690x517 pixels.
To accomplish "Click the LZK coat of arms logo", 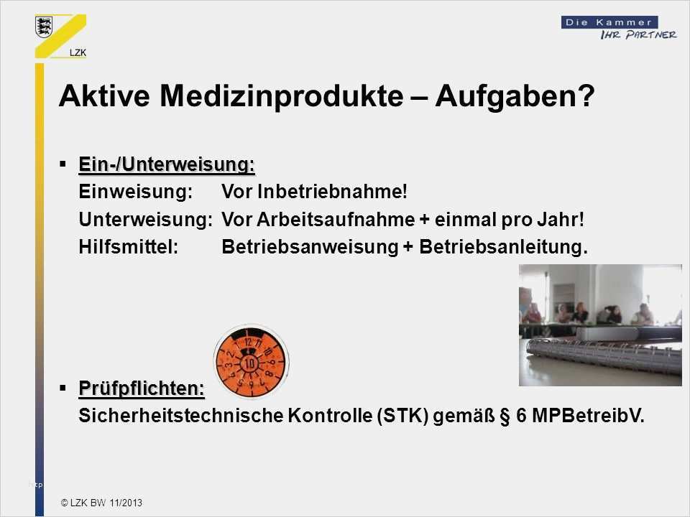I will [45, 28].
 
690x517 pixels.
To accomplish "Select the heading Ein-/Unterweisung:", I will [167, 165].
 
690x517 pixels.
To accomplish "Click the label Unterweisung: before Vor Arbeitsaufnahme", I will [145, 220].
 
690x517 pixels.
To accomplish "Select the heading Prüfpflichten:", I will [142, 388].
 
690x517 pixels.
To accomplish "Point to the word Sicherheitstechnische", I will [169, 417].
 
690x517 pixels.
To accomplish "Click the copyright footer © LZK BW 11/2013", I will [101, 503].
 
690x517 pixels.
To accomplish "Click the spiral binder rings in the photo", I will [604, 356].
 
